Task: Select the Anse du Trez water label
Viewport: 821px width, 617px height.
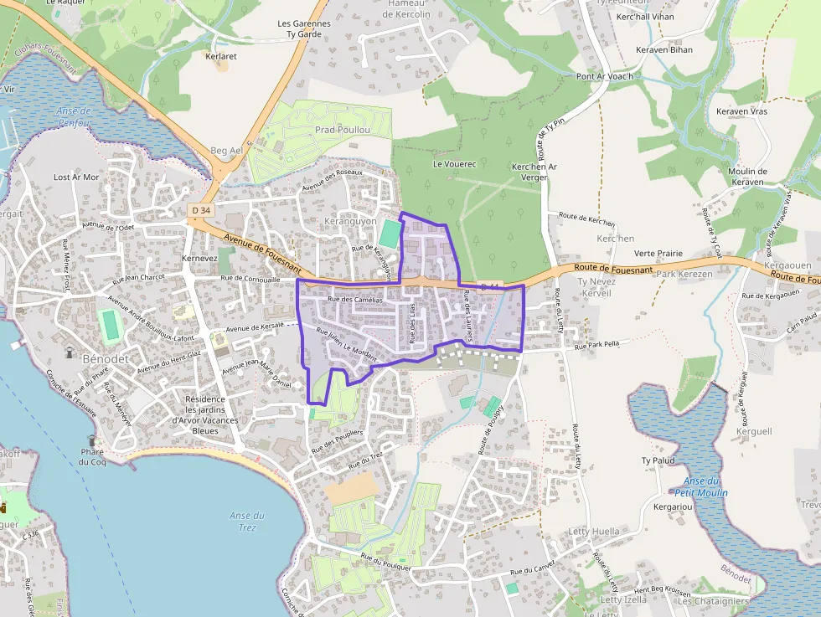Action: coord(247,521)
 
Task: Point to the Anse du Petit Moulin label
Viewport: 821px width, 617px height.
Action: coord(702,486)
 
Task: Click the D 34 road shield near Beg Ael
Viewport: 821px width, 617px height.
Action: coord(199,208)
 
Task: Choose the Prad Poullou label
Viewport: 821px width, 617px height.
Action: coord(342,131)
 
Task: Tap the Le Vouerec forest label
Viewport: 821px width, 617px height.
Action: coord(454,164)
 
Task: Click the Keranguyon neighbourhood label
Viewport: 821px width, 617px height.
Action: coord(350,221)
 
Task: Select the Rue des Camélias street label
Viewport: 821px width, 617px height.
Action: coord(355,299)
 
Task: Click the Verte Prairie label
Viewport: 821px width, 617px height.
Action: coord(658,253)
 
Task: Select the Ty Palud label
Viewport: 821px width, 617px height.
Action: coord(658,460)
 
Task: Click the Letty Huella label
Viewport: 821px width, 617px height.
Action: coord(593,532)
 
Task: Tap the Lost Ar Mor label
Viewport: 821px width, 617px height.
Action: coord(76,177)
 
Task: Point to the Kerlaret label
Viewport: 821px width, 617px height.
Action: coord(222,57)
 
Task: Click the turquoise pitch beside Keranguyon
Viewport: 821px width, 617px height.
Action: coord(389,233)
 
